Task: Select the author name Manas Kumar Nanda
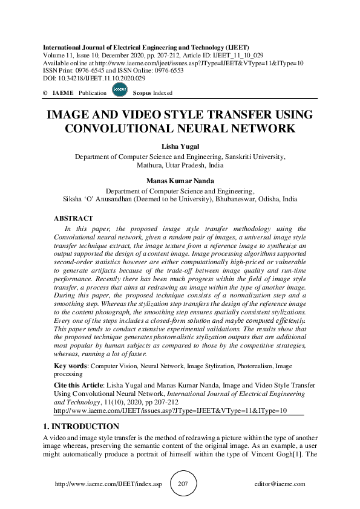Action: (x=180, y=180)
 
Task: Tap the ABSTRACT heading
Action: (x=73, y=218)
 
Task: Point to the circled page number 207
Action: (x=183, y=484)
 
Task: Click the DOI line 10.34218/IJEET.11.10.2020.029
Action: (x=94, y=79)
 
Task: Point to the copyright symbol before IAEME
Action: (x=45, y=93)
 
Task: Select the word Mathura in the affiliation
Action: (x=149, y=164)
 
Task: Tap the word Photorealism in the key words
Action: (x=251, y=366)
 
